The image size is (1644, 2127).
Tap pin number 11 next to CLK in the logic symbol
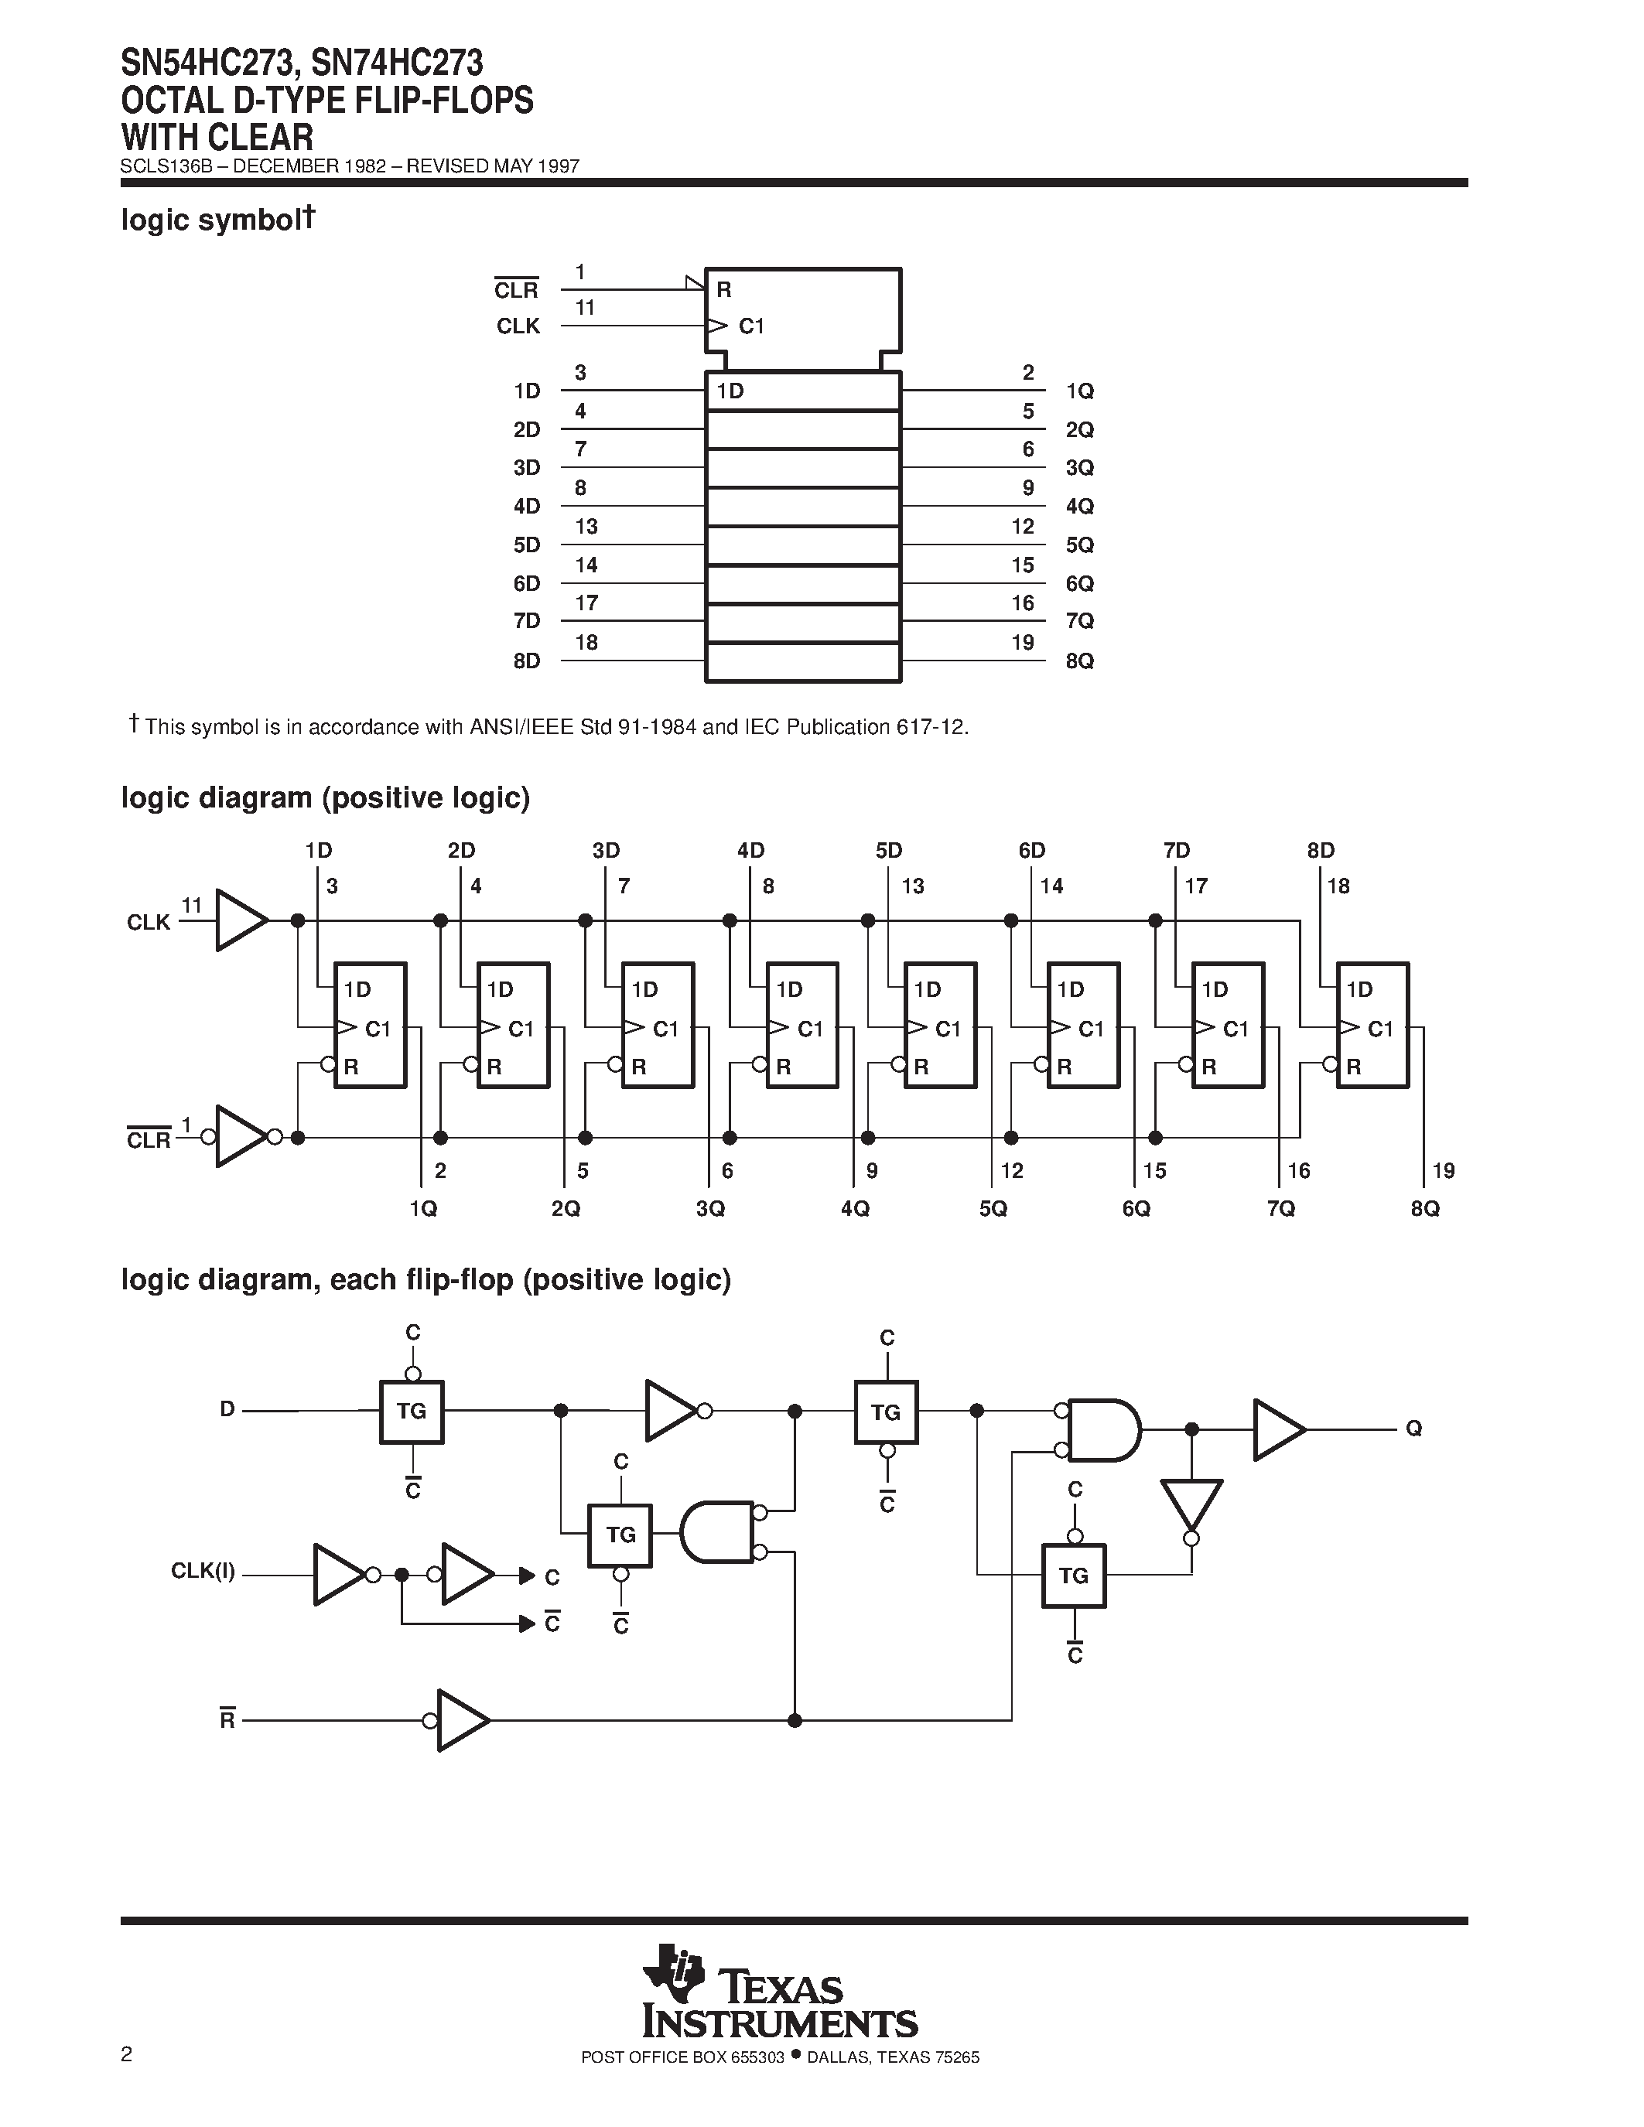pos(584,308)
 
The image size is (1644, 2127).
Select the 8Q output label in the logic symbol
pos(1079,661)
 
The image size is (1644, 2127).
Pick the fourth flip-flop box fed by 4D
pos(801,1025)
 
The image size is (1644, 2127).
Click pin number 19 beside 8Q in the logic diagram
pos(1444,1171)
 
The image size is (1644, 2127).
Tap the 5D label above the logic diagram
pos(888,850)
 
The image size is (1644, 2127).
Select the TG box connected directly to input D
pos(411,1412)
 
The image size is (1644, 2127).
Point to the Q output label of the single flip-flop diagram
pos(1413,1429)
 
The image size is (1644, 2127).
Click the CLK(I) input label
pos(203,1571)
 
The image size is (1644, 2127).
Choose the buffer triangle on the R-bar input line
pos(462,1721)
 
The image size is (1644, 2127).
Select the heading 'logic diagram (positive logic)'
pos(325,797)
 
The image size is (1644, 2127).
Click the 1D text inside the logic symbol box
pos(730,391)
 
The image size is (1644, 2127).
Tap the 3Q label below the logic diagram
pos(710,1209)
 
